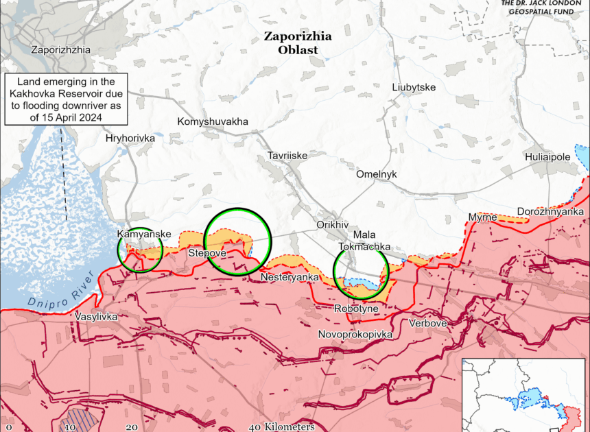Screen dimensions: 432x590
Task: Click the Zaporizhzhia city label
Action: pyautogui.click(x=60, y=49)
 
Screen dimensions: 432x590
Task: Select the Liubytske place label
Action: pyautogui.click(x=414, y=87)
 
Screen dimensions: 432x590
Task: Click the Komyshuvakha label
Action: pyautogui.click(x=213, y=121)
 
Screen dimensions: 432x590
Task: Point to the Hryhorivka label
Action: pyautogui.click(x=130, y=138)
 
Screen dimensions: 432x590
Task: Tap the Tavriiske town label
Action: pyautogui.click(x=287, y=156)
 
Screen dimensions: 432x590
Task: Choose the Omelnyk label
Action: pyautogui.click(x=376, y=174)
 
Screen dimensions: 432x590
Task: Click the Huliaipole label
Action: pyautogui.click(x=547, y=157)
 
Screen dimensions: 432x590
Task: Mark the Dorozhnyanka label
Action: pyautogui.click(x=550, y=211)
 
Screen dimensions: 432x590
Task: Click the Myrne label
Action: pyautogui.click(x=482, y=217)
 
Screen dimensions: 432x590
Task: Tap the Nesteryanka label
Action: pyautogui.click(x=290, y=277)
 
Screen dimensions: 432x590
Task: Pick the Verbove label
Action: pyautogui.click(x=427, y=322)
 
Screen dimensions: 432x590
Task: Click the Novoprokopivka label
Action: pyautogui.click(x=355, y=334)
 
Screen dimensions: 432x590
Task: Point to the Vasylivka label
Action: pyautogui.click(x=97, y=317)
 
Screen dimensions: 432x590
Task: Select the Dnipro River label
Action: pyautogui.click(x=60, y=293)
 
